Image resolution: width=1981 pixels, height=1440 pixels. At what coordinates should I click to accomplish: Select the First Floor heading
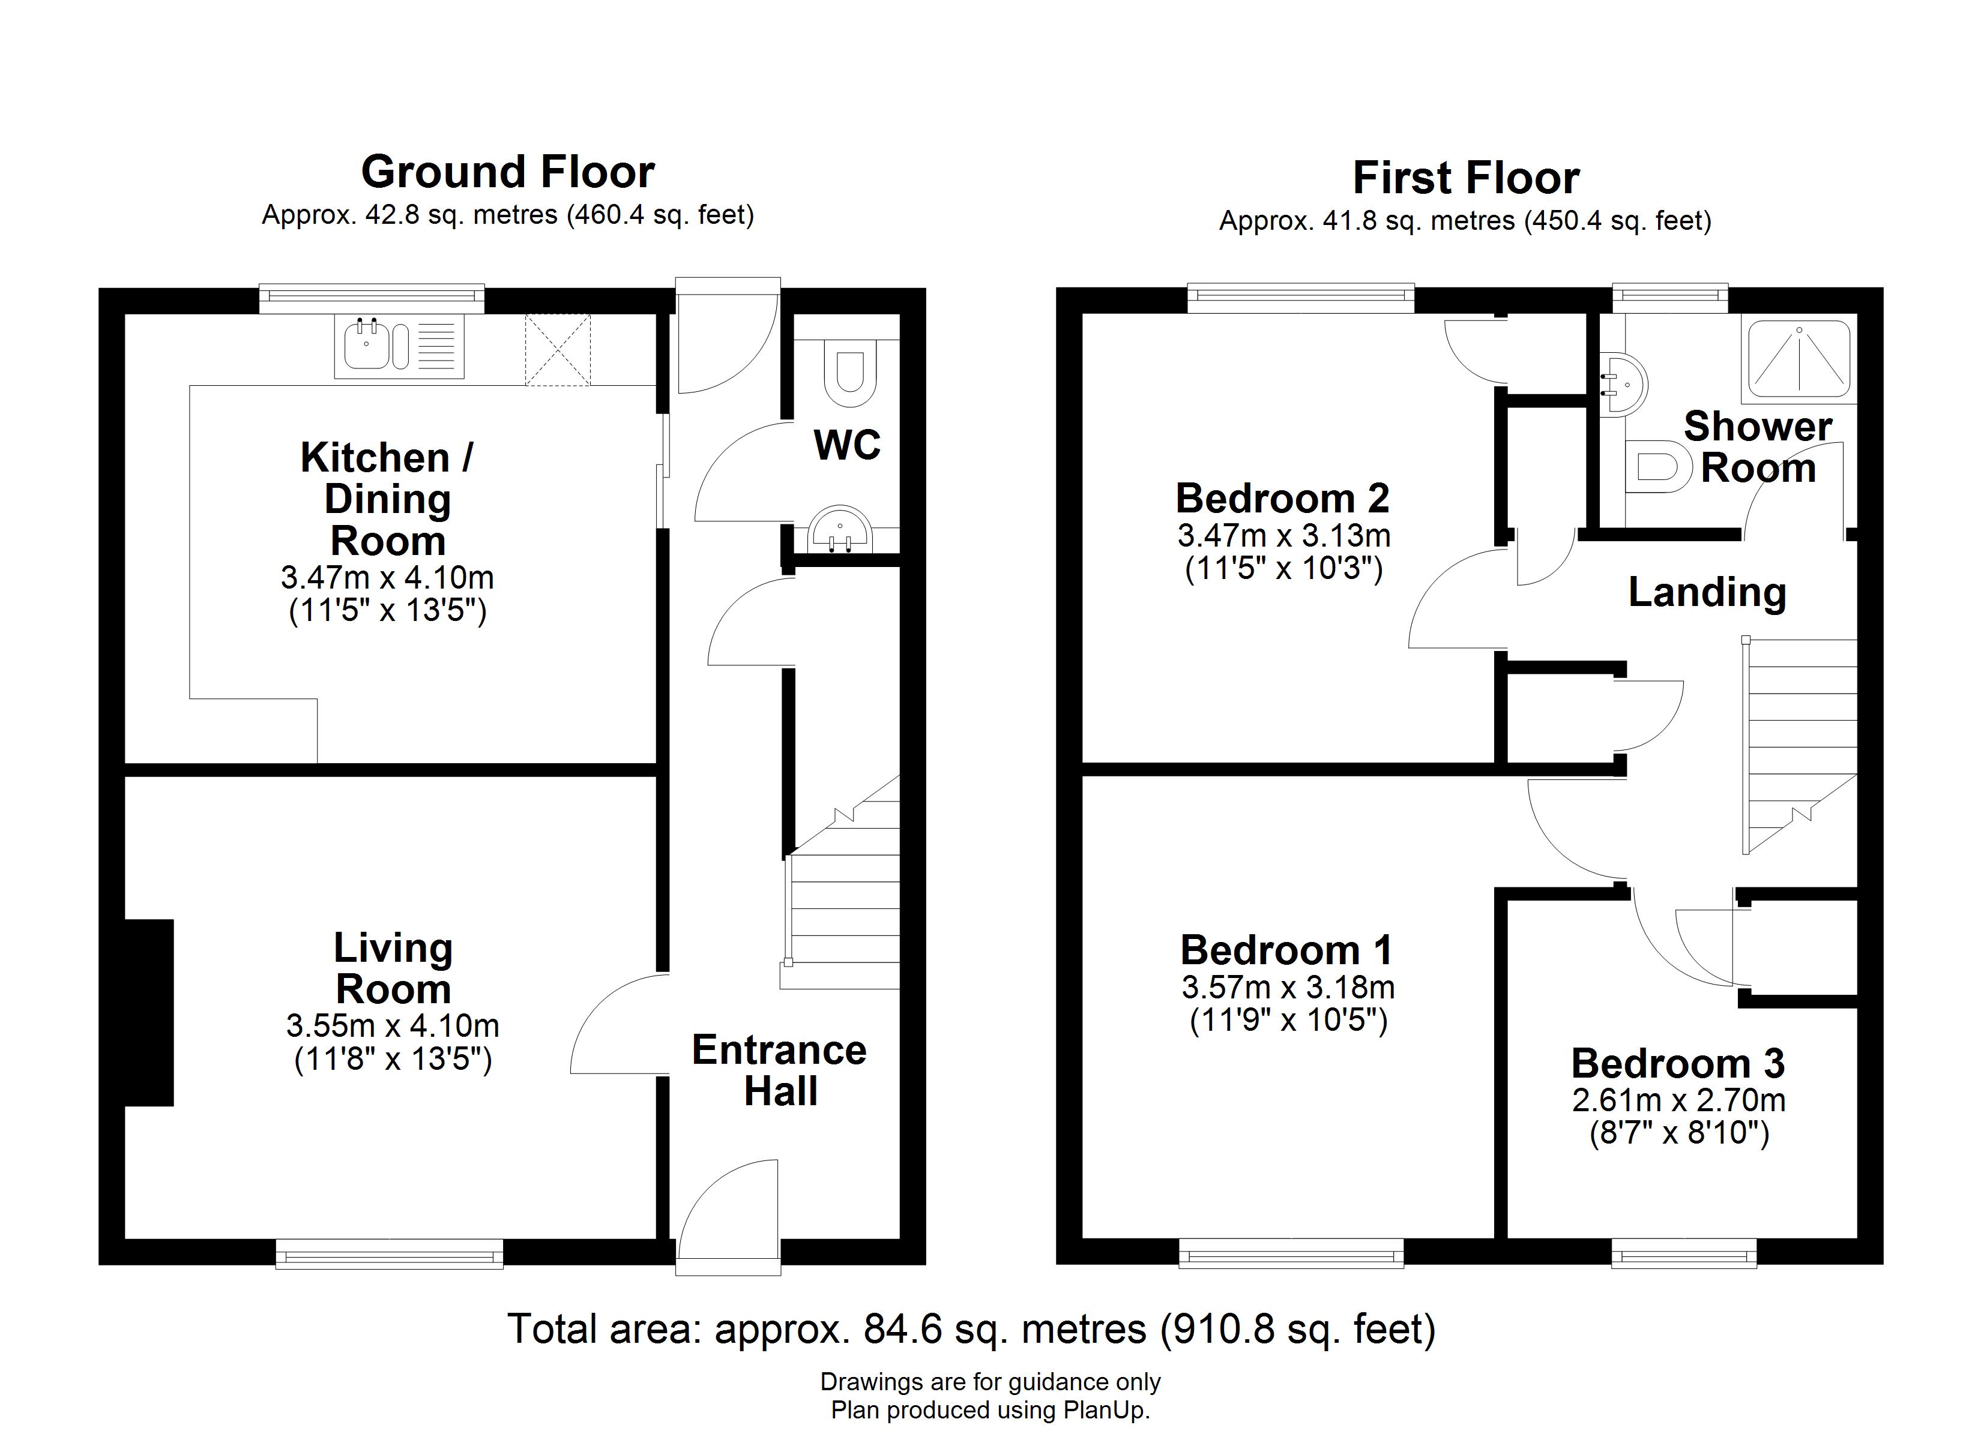[x=1466, y=178]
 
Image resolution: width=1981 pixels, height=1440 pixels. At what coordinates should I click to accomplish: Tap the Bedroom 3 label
[x=1678, y=1064]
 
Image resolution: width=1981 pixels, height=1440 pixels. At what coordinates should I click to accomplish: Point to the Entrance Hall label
[x=779, y=1070]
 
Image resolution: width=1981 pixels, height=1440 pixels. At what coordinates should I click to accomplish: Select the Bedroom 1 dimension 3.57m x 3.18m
[x=1288, y=988]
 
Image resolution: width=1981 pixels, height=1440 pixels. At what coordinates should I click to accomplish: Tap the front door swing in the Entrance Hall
[x=727, y=1210]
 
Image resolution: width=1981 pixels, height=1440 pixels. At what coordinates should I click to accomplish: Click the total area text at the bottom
[x=972, y=1329]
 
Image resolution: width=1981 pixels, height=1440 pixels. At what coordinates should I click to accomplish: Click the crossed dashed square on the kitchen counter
[x=557, y=350]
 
